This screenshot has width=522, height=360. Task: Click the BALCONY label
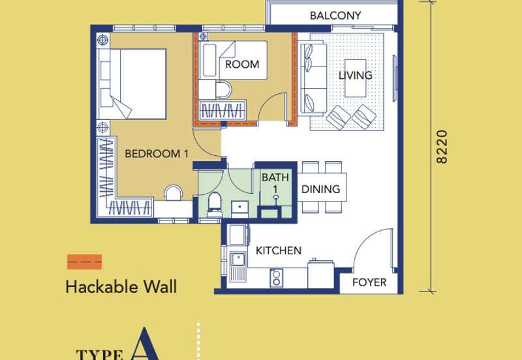335,16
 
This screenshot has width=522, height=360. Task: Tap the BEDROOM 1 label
157,154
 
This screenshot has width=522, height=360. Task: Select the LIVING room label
356,76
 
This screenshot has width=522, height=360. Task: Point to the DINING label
320,189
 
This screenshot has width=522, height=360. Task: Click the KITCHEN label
279,250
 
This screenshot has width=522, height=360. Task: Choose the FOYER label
369,282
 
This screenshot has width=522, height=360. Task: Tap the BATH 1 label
275,183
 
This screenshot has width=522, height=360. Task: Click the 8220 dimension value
442,147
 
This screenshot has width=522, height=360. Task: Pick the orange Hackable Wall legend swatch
85,262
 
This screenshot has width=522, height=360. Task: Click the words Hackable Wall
121,287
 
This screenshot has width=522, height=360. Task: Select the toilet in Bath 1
215,205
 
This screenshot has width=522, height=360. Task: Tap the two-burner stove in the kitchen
276,278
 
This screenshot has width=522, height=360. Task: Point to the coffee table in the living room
355,78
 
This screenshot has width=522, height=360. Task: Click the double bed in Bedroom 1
132,84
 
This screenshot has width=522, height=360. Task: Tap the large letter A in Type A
144,344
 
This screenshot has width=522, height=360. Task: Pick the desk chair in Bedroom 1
174,193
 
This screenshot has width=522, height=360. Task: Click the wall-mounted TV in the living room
395,78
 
